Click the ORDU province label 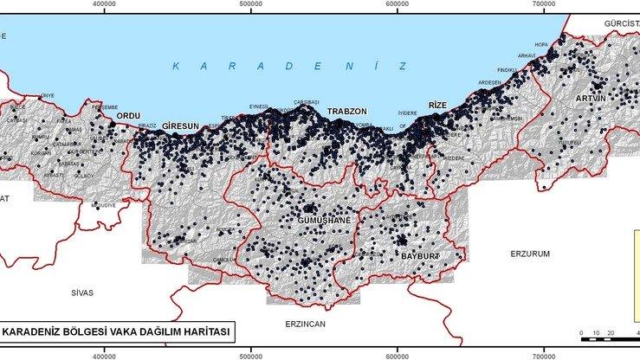[x=126, y=114]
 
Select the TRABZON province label [x=347, y=112]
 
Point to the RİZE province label [x=438, y=105]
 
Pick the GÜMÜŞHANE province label [x=325, y=222]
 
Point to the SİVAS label [x=81, y=293]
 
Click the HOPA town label [x=541, y=44]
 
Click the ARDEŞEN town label [x=489, y=83]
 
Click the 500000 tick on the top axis [x=250, y=4]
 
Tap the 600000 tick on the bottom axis [x=398, y=354]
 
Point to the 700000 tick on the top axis [x=544, y=4]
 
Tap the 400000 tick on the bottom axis [x=104, y=354]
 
